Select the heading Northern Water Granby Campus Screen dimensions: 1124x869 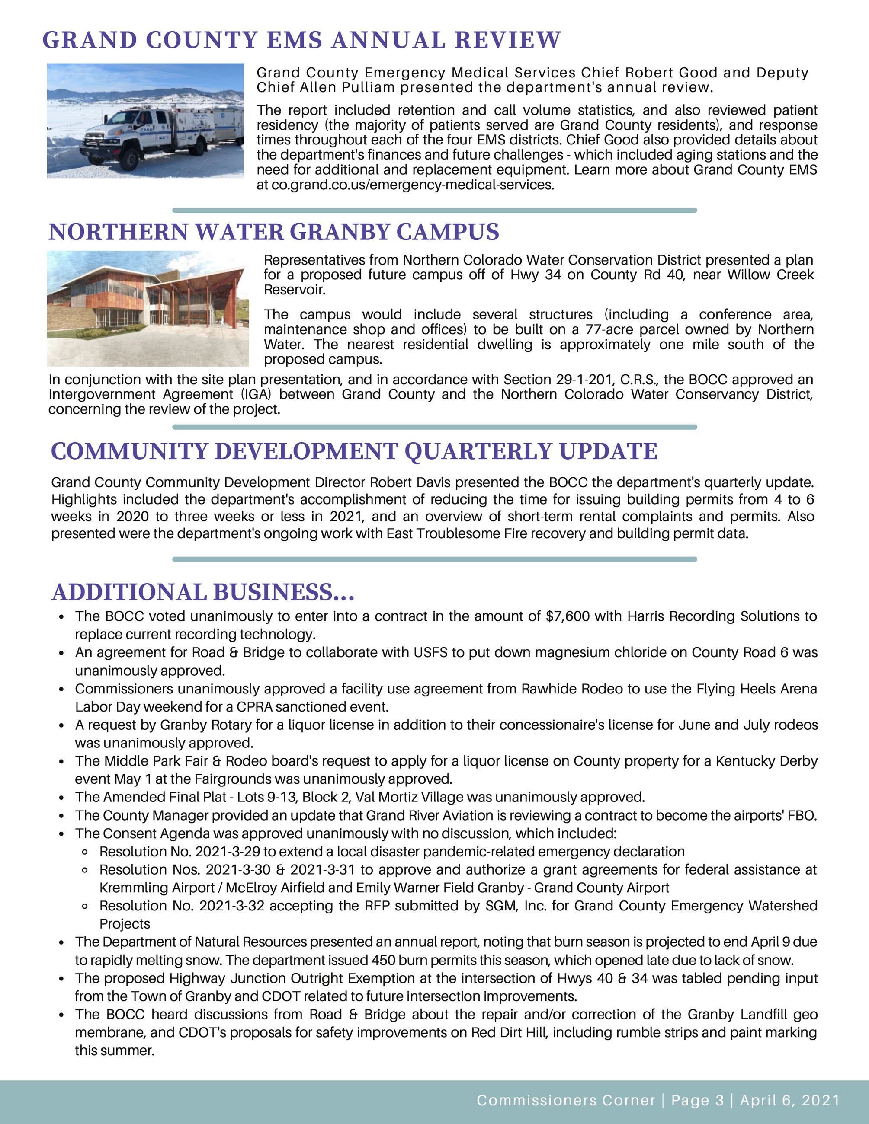tap(273, 232)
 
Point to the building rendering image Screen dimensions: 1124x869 tap(148, 308)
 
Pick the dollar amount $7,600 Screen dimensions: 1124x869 tap(568, 616)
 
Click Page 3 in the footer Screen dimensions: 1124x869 tap(698, 1100)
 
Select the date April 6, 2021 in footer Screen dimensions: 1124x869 tap(790, 1100)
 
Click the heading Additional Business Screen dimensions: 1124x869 tap(203, 592)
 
